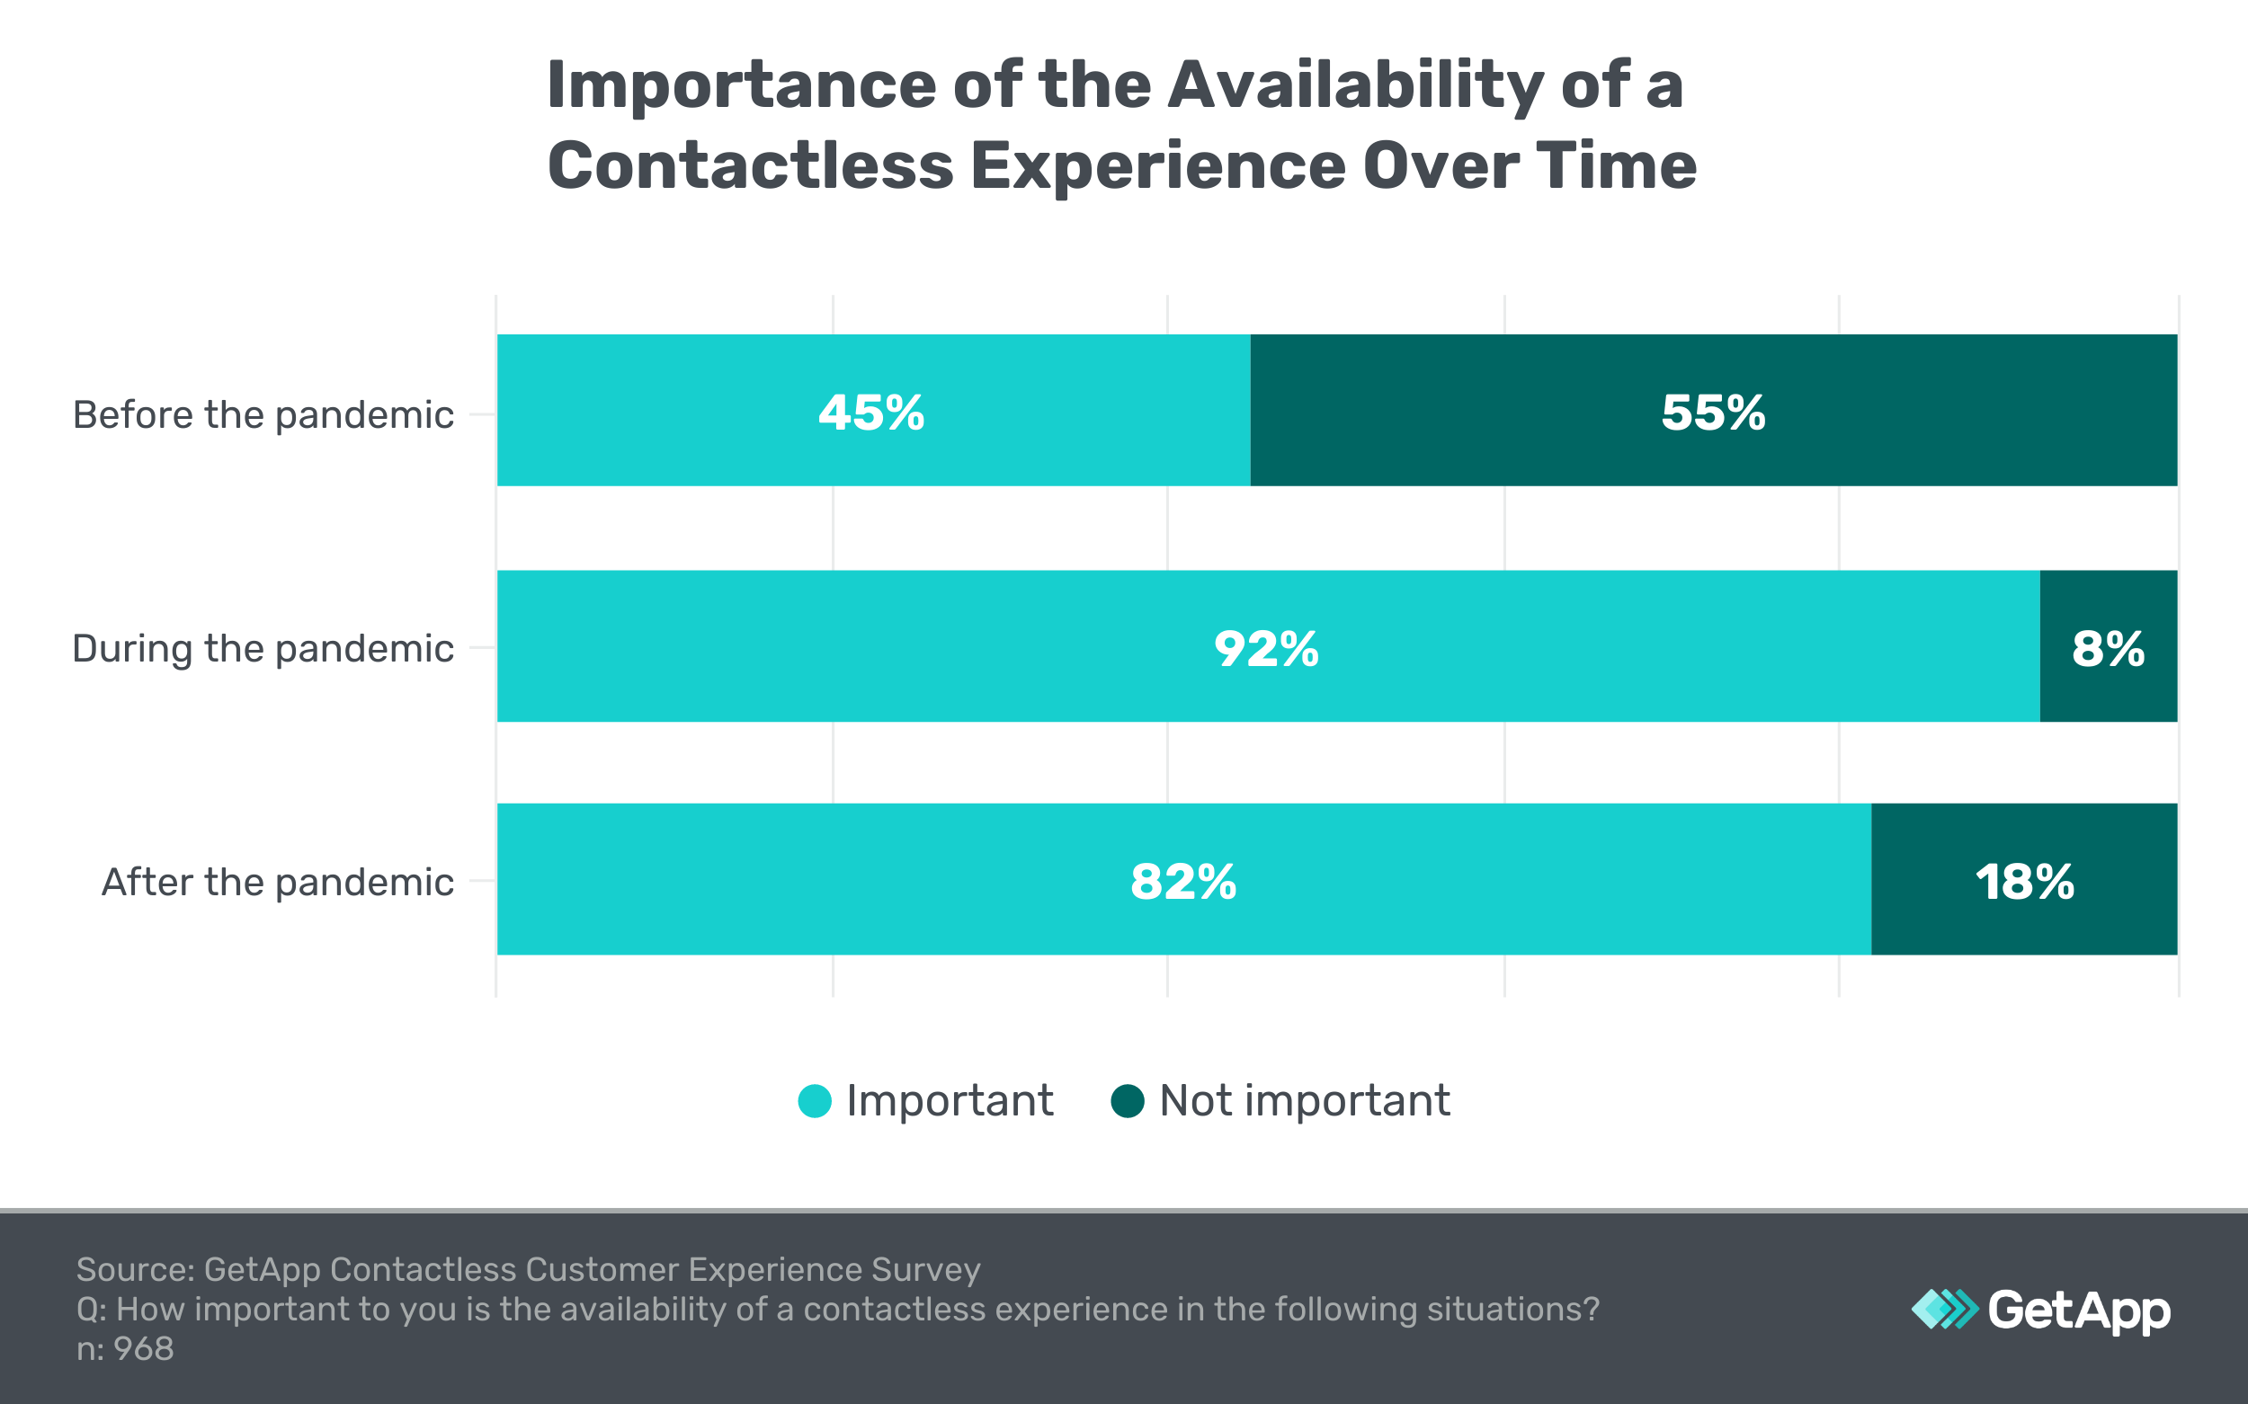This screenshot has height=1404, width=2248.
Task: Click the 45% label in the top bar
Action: pyautogui.click(x=870, y=413)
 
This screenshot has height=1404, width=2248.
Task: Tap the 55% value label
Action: pyautogui.click(x=1713, y=413)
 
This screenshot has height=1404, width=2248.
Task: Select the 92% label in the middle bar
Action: pyautogui.click(x=1266, y=648)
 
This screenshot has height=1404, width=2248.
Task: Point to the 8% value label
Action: pyautogui.click(x=2108, y=648)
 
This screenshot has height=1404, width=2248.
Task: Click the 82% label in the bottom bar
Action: pyautogui.click(x=1182, y=881)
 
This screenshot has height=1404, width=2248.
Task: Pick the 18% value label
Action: pyautogui.click(x=2024, y=881)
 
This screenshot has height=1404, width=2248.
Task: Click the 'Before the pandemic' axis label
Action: pyautogui.click(x=263, y=414)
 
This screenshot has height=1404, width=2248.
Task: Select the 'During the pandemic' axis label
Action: pyautogui.click(x=263, y=648)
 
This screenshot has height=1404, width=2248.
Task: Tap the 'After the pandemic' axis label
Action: pyautogui.click(x=277, y=881)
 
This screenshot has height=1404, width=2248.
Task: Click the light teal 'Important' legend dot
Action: pyautogui.click(x=815, y=1101)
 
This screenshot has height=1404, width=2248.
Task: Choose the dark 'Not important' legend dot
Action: pyautogui.click(x=1128, y=1101)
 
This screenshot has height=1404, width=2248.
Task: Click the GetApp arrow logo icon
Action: pyautogui.click(x=1944, y=1310)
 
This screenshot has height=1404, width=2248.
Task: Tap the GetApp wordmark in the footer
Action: pyautogui.click(x=2079, y=1311)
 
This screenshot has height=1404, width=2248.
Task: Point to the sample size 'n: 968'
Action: pyautogui.click(x=124, y=1348)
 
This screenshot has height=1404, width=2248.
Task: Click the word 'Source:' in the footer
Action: pyautogui.click(x=135, y=1269)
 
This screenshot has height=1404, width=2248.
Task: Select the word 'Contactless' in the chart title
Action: pyautogui.click(x=751, y=165)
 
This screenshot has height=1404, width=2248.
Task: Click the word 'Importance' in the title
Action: pyautogui.click(x=741, y=84)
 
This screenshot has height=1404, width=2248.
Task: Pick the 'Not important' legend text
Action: pyautogui.click(x=1304, y=1101)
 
